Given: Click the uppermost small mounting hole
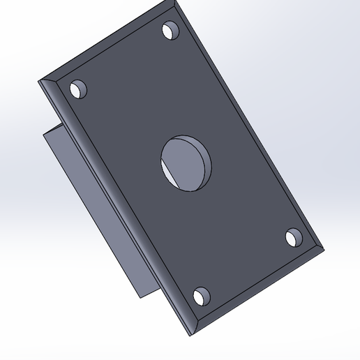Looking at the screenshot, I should click(170, 31).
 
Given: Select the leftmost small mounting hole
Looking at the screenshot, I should click(78, 90).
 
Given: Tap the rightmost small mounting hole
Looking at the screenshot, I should click(294, 238).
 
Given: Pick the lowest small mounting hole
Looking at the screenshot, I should click(201, 297).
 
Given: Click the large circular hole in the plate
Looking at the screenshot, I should click(187, 162).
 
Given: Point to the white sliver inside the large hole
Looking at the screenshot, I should click(170, 172).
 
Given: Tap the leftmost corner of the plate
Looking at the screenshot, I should click(40, 82).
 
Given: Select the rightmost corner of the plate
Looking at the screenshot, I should click(324, 248).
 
